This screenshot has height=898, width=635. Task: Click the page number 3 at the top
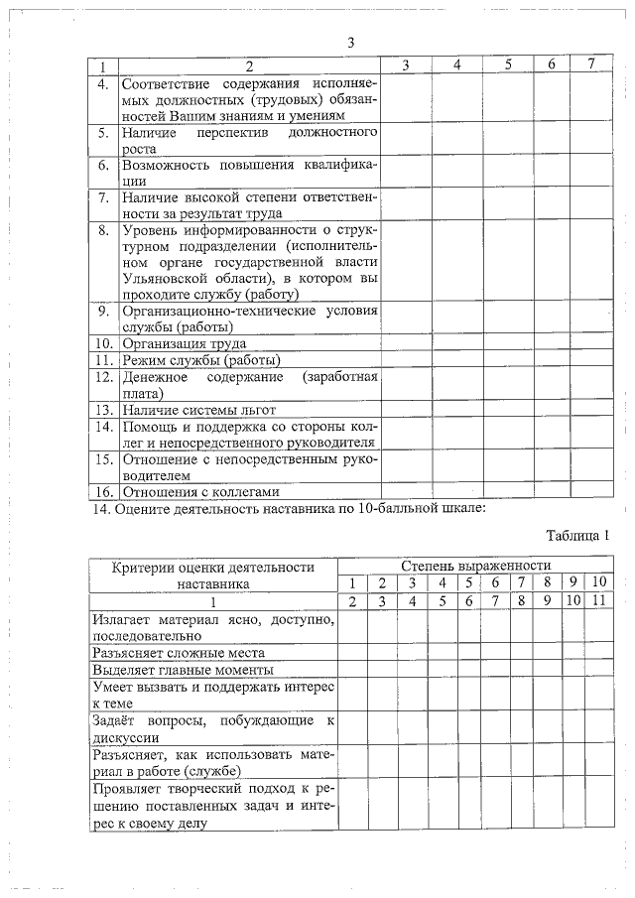[350, 42]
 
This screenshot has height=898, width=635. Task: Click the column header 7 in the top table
[592, 64]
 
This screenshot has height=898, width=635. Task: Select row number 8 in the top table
[102, 230]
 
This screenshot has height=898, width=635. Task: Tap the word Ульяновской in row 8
[163, 279]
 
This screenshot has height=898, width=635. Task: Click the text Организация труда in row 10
[183, 343]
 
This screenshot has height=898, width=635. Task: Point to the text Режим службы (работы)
[200, 359]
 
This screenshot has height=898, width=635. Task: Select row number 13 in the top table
[102, 409]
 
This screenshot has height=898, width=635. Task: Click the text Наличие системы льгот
[198, 409]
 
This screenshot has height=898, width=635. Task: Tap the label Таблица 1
[576, 535]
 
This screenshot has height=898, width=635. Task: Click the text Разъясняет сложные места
[179, 653]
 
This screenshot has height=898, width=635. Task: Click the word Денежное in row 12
[153, 377]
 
